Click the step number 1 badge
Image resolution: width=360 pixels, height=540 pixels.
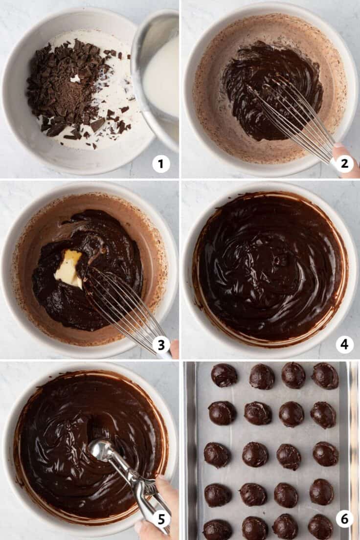(x=161, y=164)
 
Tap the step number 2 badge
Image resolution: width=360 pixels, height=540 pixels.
(x=344, y=164)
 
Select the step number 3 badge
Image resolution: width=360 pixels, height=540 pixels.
(x=161, y=345)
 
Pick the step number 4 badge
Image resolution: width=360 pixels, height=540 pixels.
(x=344, y=345)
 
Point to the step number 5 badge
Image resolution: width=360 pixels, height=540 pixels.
(x=161, y=519)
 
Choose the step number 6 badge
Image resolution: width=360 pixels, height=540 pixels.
(x=344, y=519)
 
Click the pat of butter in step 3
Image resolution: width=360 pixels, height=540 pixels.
(x=68, y=269)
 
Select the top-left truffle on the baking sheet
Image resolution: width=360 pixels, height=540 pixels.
(x=224, y=375)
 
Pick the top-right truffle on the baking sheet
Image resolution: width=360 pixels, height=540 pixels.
(x=325, y=376)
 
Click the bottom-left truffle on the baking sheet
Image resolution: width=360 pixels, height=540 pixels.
(x=217, y=530)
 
